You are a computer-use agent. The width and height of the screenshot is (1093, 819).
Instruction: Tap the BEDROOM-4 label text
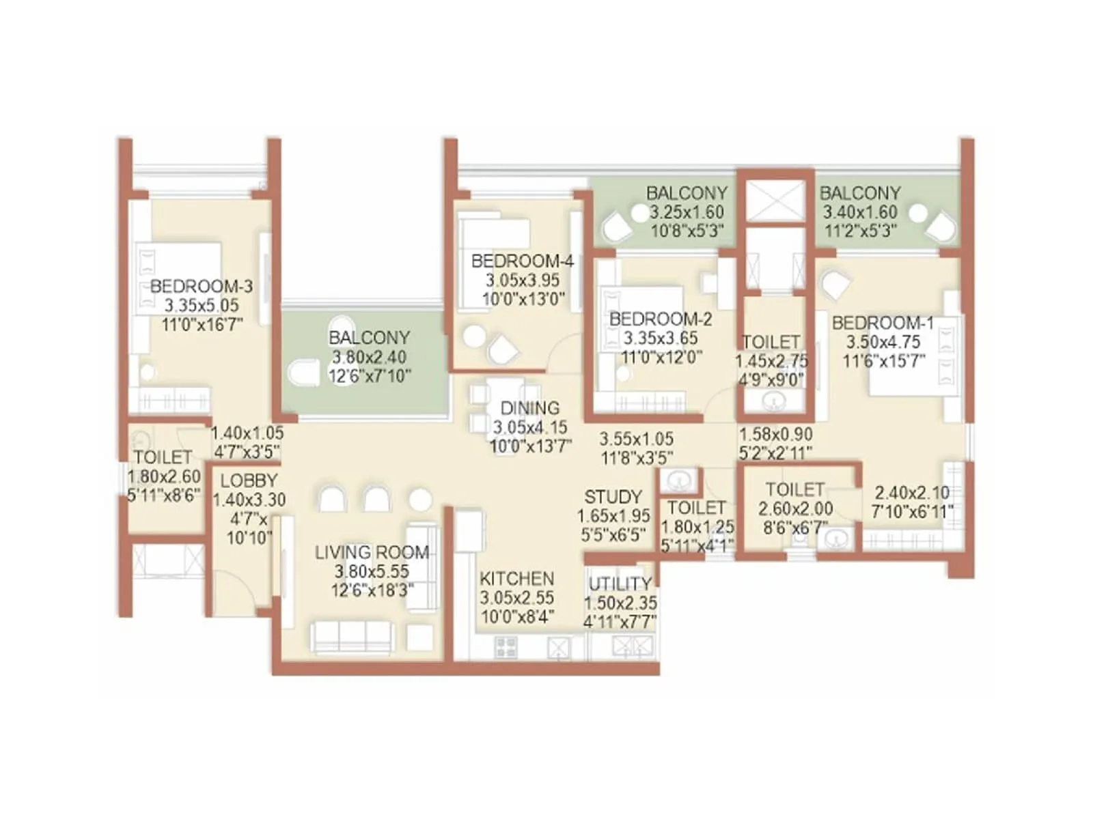(x=522, y=261)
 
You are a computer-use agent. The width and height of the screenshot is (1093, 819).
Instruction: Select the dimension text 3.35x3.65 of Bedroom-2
(x=660, y=338)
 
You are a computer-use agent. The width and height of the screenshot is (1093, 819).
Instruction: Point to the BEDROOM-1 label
(x=883, y=323)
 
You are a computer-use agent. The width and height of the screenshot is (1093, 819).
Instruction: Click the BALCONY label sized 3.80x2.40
(x=369, y=337)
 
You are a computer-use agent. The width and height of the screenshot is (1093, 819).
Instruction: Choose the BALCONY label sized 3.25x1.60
(x=687, y=193)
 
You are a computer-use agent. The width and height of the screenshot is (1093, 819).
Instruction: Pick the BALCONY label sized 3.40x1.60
(x=859, y=193)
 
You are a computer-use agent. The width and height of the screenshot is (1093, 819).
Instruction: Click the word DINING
(x=529, y=408)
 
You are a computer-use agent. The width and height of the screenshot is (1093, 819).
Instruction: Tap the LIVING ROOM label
(x=372, y=552)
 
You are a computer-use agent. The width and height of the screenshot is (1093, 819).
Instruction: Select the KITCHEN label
(x=516, y=578)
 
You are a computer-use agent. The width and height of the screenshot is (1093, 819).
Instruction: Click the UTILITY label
(x=620, y=584)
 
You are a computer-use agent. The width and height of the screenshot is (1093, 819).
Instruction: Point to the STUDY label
(x=613, y=497)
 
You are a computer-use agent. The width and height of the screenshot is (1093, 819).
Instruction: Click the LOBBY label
(x=249, y=480)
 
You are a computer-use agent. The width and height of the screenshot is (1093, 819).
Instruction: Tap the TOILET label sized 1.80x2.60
(x=163, y=457)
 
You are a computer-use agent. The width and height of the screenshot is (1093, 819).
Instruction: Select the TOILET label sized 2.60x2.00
(x=794, y=489)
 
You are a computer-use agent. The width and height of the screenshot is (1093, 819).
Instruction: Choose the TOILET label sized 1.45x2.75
(x=771, y=341)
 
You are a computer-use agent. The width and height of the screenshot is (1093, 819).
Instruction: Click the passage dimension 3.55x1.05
(x=636, y=439)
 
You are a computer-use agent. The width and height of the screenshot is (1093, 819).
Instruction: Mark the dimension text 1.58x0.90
(x=775, y=434)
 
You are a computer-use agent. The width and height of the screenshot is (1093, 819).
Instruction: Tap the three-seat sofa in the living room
(x=352, y=637)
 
